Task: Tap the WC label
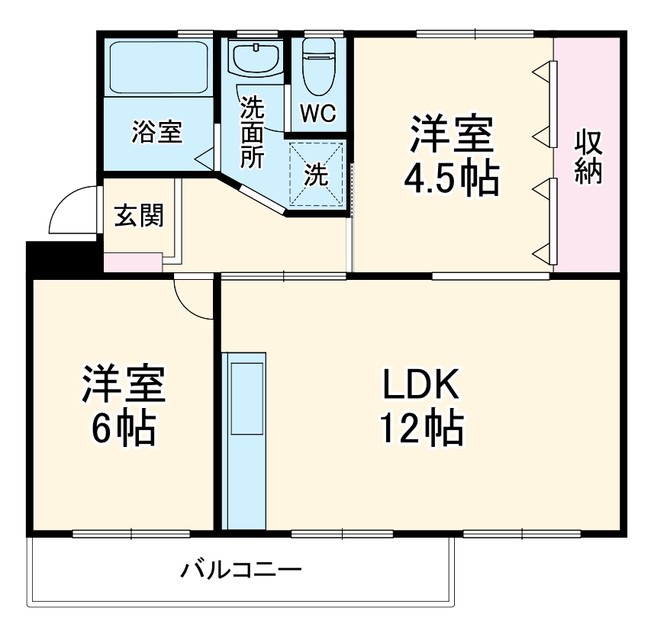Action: [317, 113]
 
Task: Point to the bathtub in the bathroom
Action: [158, 67]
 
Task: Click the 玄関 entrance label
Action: [138, 216]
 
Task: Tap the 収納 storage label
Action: [588, 157]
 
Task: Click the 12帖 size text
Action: [420, 429]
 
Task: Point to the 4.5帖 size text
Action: [451, 178]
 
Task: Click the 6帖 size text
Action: [124, 429]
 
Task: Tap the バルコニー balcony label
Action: [241, 570]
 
